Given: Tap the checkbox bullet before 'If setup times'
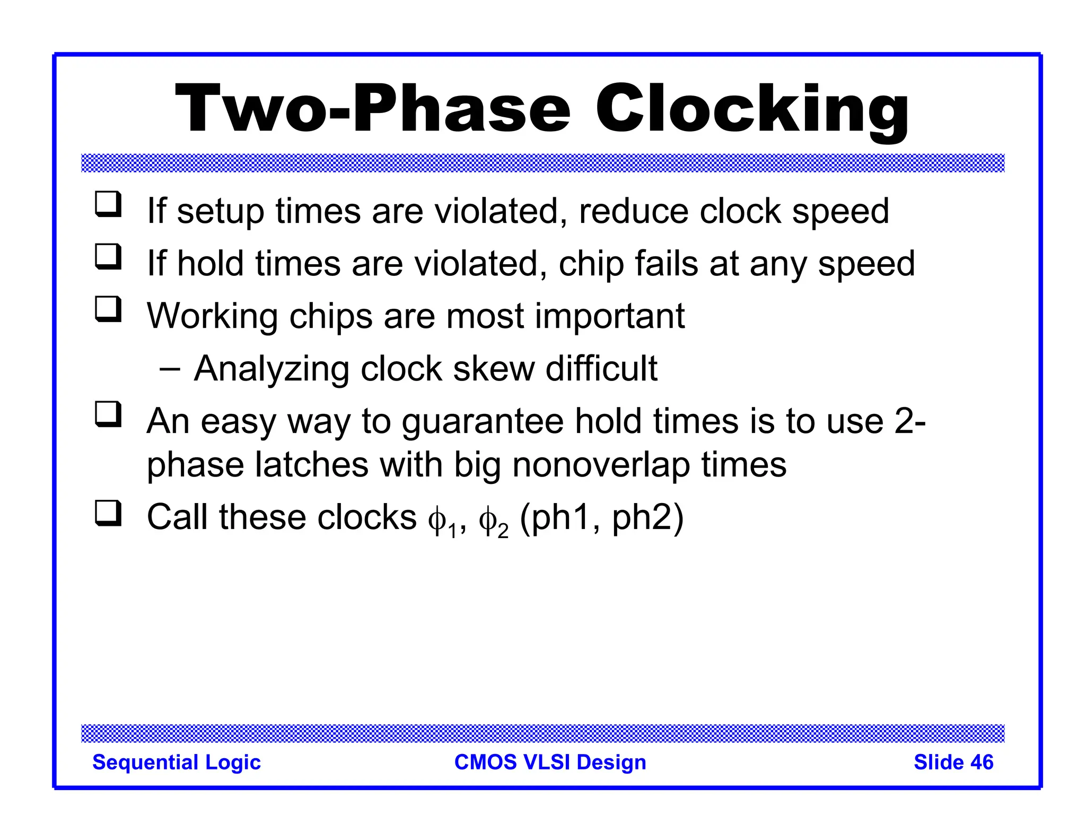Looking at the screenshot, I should (108, 205).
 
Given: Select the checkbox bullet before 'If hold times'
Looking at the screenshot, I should (108, 257).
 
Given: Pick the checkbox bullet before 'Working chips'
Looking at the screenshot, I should (108, 310).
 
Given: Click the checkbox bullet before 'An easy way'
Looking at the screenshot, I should (108, 414).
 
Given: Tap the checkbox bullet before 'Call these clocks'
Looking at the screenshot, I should (108, 513).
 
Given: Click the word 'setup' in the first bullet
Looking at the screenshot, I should (220, 212).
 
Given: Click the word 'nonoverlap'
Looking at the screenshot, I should (601, 465).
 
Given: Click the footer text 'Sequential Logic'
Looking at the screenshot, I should (177, 762).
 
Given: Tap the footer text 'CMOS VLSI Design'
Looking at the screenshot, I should (550, 762).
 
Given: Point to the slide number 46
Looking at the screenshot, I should (953, 762).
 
